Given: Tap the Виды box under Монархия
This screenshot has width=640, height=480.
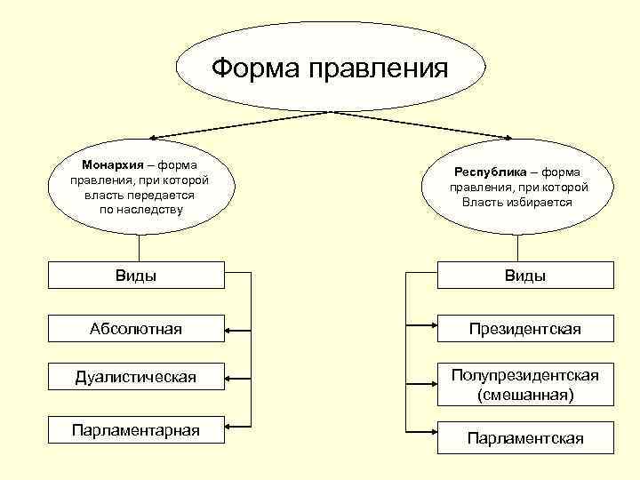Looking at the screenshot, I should (136, 276).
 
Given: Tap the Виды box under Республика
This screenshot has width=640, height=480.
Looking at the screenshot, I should (524, 276).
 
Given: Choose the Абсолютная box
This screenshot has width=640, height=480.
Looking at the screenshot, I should (136, 330).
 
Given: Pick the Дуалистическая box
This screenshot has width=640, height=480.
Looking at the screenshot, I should (136, 378).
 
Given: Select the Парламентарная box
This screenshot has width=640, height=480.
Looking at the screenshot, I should (136, 431).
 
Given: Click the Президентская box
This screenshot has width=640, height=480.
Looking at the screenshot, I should (524, 330).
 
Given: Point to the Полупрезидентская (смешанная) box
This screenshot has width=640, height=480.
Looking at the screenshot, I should (524, 384).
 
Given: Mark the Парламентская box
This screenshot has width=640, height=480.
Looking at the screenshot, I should (524, 438).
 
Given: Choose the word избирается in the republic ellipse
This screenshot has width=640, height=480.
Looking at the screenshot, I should (541, 203).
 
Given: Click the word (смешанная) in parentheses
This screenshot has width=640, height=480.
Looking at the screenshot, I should (524, 394).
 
